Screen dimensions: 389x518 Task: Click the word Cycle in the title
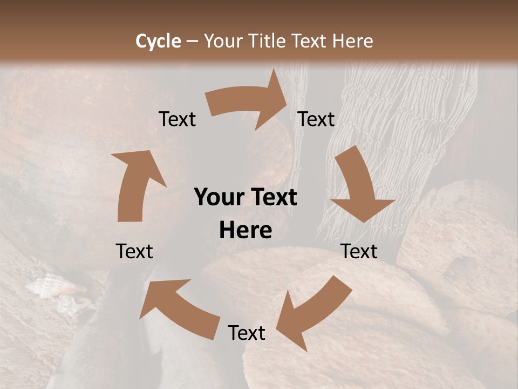point(158,41)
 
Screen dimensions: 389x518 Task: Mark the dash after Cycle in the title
point(192,41)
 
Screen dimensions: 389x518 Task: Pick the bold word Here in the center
point(246,231)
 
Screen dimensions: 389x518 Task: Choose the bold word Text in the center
point(272,198)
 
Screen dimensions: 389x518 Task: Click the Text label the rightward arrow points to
point(316,119)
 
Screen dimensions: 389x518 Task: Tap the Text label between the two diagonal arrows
point(247,333)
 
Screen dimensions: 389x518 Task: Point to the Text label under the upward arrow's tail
point(135,251)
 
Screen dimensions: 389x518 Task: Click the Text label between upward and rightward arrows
point(177,119)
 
